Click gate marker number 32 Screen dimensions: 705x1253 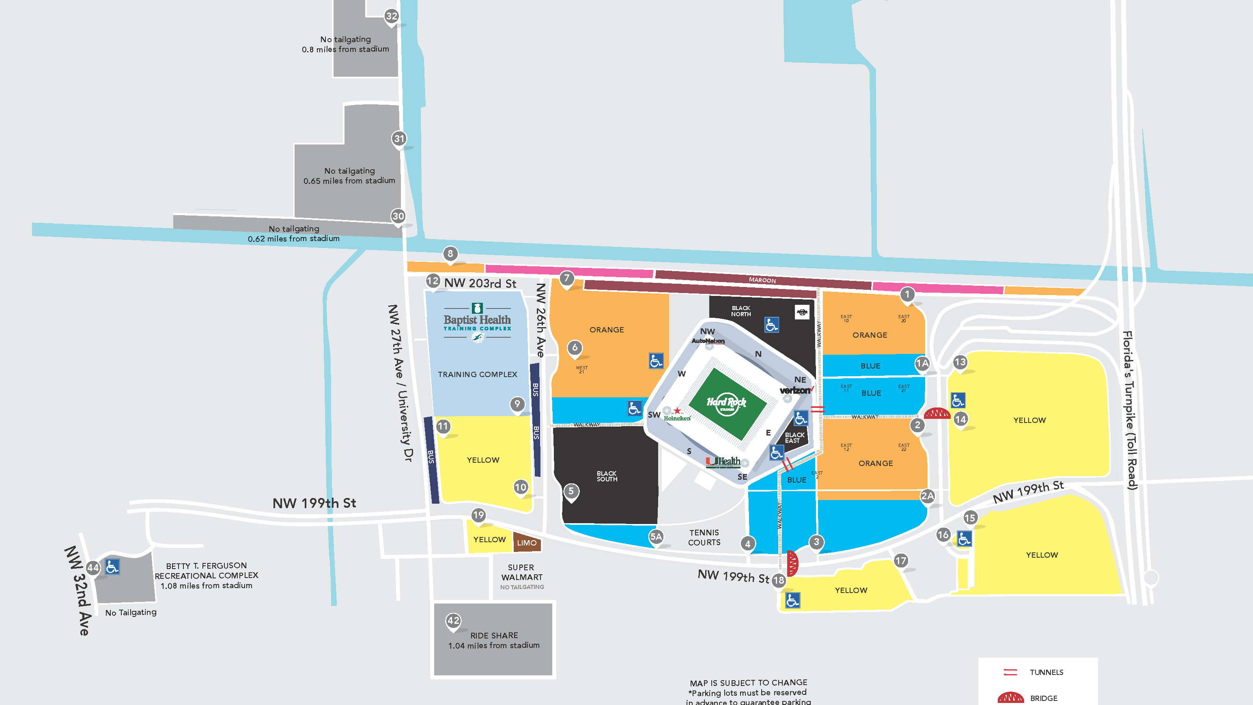pos(392,16)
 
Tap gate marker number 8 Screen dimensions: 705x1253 pos(450,254)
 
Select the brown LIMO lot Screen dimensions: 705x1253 pos(527,543)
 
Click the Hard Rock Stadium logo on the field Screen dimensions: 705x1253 pos(726,403)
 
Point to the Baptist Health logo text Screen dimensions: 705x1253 pos(477,320)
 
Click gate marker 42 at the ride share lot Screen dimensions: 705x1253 pos(453,620)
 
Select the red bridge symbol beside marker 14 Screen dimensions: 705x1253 pos(937,414)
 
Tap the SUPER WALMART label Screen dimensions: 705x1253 pos(521,573)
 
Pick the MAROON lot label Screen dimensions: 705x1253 pos(762,280)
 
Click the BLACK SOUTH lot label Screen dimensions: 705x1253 pos(607,476)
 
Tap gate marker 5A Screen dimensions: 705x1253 pos(656,537)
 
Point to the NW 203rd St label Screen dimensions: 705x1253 pos(480,283)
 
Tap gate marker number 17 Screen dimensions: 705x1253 pos(901,561)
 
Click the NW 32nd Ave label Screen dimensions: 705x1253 pos(78,591)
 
